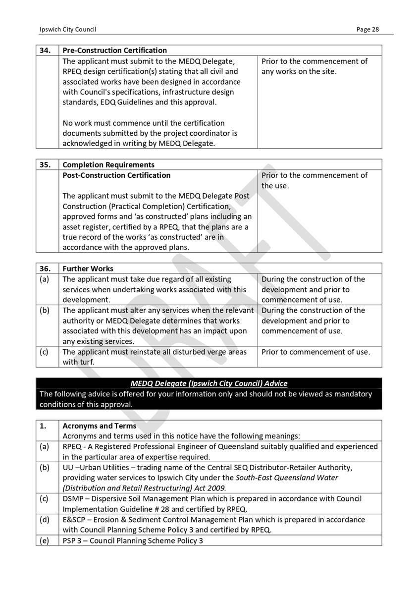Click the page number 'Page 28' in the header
point(367,29)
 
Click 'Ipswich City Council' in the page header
point(68,29)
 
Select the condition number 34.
point(46,51)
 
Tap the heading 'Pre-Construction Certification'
point(114,51)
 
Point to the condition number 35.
point(46,165)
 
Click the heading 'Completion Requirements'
point(108,165)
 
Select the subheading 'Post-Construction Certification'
point(116,175)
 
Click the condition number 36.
point(46,269)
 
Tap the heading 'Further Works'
point(88,269)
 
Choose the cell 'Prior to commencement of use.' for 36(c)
point(315,352)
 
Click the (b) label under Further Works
point(44,311)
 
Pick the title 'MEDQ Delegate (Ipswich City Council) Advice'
point(209,383)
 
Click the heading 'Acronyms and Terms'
point(99,426)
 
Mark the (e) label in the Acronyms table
point(44,540)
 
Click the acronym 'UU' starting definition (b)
point(67,468)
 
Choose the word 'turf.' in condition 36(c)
point(86,362)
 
